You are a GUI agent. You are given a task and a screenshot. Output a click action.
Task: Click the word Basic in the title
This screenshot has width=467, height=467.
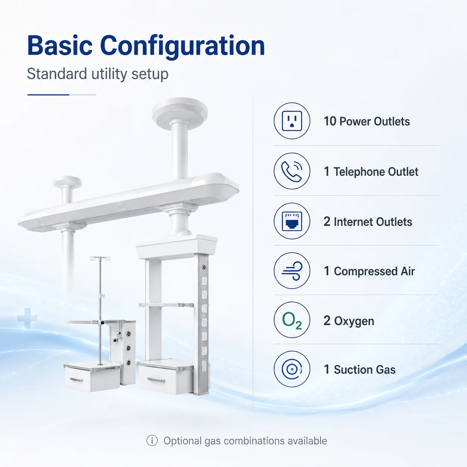pos(60,45)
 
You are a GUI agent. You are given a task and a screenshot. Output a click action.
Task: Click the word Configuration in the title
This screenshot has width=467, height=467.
pos(182,47)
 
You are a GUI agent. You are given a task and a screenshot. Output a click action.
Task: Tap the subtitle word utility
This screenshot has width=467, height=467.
pos(109,74)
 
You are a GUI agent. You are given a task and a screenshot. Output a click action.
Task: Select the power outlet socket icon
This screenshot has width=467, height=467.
pos(292,121)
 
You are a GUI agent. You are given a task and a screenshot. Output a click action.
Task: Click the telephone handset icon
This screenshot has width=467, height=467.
pos(292,171)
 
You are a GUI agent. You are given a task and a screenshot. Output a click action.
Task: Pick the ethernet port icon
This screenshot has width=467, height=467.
pos(292,221)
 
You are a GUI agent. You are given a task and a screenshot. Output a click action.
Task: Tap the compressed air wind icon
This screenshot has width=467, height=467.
pos(292,271)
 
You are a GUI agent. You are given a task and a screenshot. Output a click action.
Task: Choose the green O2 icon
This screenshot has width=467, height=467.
pos(292,320)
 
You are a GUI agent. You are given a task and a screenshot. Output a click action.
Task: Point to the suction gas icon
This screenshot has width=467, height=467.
pos(292,369)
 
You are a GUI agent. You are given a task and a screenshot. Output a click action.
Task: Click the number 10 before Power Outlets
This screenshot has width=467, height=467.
pos(330,121)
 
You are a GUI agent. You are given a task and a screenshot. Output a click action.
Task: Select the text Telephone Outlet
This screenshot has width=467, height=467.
pos(376,172)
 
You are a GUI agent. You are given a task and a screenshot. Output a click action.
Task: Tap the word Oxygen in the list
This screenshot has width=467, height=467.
pos(354,321)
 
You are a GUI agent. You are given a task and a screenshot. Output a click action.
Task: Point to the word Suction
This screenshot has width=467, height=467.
pos(352,369)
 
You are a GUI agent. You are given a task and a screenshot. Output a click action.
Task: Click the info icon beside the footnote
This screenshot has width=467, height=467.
pos(152,440)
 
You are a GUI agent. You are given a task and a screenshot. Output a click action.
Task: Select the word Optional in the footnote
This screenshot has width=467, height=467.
pos(182,441)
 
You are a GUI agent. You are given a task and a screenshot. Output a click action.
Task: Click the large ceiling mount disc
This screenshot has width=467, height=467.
pos(180,110)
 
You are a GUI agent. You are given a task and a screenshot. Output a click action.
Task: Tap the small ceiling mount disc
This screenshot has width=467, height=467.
pos(67,182)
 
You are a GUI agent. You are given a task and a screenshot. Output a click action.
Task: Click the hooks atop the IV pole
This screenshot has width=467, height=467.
pos(100,258)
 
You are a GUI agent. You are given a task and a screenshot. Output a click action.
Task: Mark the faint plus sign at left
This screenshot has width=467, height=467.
pos(28,318)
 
